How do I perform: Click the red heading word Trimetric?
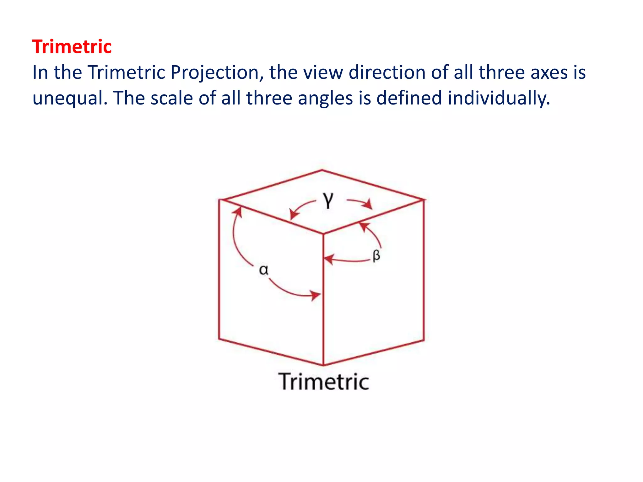pyautogui.click(x=72, y=47)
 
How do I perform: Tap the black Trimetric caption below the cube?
pyautogui.click(x=324, y=382)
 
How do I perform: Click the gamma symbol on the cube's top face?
pyautogui.click(x=328, y=200)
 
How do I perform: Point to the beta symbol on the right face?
pyautogui.click(x=376, y=255)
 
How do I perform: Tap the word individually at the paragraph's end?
pyautogui.click(x=499, y=98)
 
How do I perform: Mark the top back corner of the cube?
pyautogui.click(x=322, y=170)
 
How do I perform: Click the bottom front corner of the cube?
pyautogui.click(x=323, y=365)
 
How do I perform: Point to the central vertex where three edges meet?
pyautogui.click(x=323, y=234)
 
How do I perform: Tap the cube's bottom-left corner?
pyautogui.click(x=219, y=339)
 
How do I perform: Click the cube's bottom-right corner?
pyautogui.click(x=424, y=340)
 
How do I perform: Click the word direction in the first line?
pyautogui.click(x=387, y=73)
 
